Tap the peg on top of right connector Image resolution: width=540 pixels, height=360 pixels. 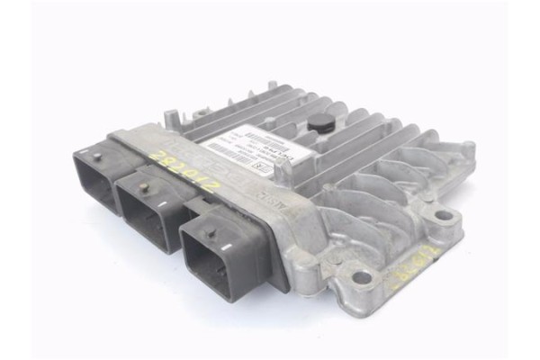pos(210,233)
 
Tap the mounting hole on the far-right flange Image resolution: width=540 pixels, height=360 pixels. pos(443,217)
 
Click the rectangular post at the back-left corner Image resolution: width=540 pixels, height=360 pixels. pos(170,116)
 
